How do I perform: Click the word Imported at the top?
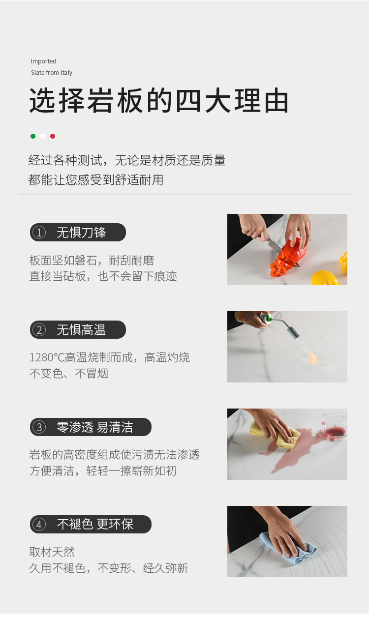[x=43, y=61]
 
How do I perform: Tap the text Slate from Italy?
[x=52, y=72]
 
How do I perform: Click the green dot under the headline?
[x=33, y=136]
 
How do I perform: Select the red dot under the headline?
[x=53, y=136]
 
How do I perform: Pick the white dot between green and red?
[x=43, y=136]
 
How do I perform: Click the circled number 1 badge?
[x=39, y=233]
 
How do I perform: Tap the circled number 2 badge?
[x=39, y=330]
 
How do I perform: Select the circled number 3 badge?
[x=39, y=427]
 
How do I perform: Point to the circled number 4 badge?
[x=39, y=525]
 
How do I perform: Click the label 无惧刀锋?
[x=81, y=233]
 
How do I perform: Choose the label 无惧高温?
[x=81, y=330]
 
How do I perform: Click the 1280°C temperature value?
[x=47, y=357]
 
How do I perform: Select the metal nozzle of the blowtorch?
[x=293, y=332]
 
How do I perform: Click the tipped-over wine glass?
[x=334, y=425]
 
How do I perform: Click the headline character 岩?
[x=101, y=100]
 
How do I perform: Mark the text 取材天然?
[x=52, y=552]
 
